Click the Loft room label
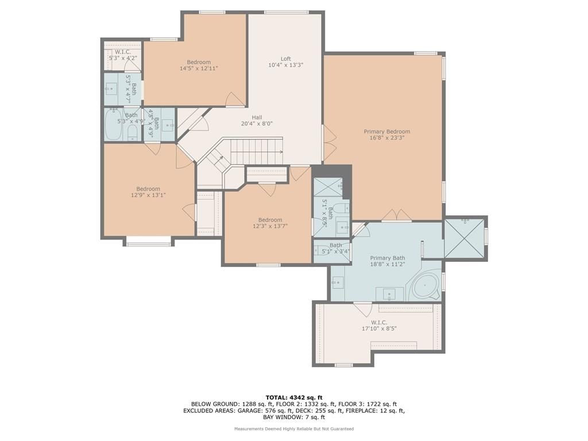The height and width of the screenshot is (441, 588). click(x=286, y=59)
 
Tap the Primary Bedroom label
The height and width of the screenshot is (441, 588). click(x=387, y=131)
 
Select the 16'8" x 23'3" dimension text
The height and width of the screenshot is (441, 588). click(x=387, y=138)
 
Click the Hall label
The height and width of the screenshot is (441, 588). click(x=257, y=117)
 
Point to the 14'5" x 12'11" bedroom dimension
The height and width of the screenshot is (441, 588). click(x=199, y=68)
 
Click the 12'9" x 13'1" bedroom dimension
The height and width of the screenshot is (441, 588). click(x=148, y=195)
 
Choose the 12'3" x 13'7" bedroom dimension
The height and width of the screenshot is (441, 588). click(x=270, y=226)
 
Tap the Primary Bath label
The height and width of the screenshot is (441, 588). click(x=388, y=258)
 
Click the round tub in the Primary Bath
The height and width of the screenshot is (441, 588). click(x=425, y=286)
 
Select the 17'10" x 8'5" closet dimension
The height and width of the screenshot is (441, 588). click(x=379, y=328)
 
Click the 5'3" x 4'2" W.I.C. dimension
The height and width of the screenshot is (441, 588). click(x=123, y=58)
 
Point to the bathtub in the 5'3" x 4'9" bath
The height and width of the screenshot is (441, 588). click(x=113, y=124)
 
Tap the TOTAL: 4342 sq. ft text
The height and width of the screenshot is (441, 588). click(x=294, y=397)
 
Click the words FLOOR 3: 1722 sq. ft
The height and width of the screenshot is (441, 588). click(x=367, y=404)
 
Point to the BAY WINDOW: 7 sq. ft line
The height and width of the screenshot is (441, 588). click(x=294, y=417)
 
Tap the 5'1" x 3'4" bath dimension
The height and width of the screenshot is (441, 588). click(x=335, y=252)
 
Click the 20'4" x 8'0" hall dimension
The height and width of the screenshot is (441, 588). click(x=257, y=123)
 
